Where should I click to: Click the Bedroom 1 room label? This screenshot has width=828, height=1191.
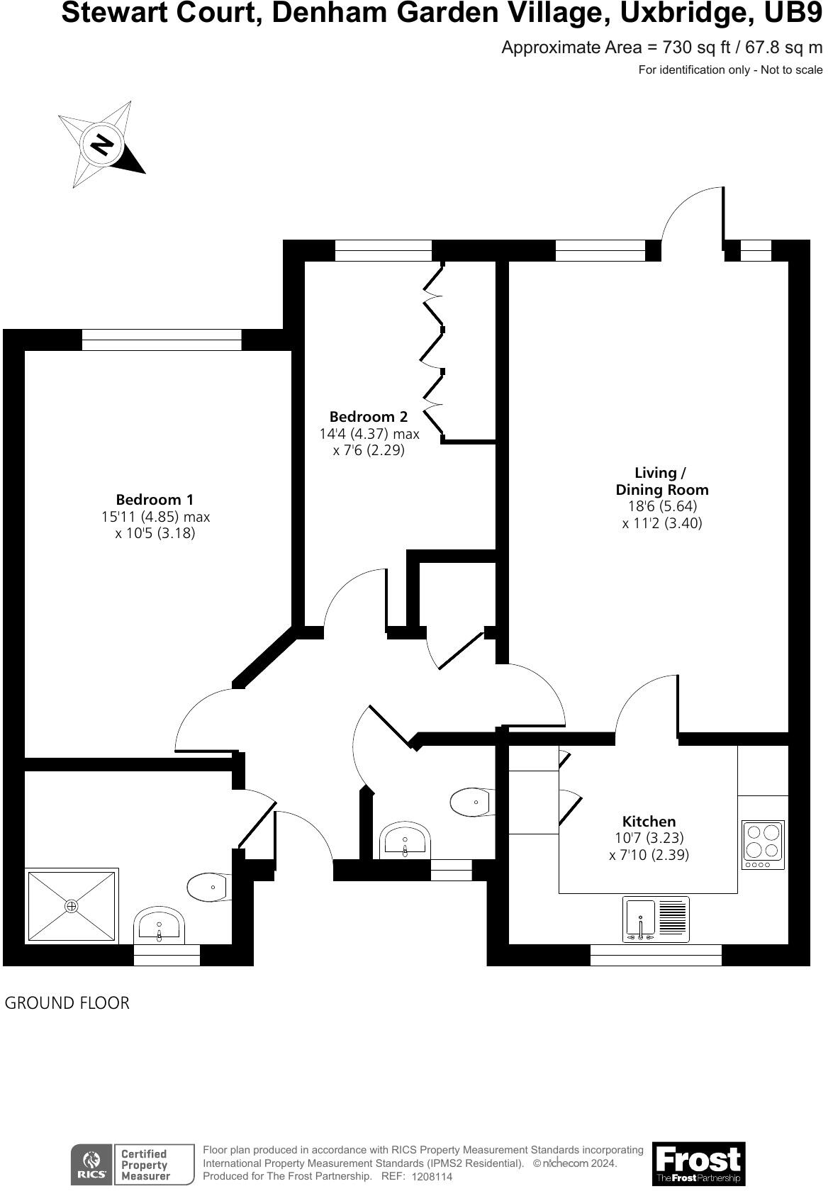(x=155, y=500)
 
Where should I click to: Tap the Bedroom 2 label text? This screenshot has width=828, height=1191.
(x=369, y=417)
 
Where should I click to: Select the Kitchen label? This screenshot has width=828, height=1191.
(x=649, y=822)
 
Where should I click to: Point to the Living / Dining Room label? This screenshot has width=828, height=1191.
(x=661, y=481)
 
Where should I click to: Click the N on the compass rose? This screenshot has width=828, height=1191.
(x=102, y=145)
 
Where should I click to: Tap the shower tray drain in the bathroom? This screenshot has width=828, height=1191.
(x=71, y=906)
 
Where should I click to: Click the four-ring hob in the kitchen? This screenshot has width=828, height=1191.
(x=763, y=844)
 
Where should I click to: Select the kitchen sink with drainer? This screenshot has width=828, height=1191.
(x=656, y=919)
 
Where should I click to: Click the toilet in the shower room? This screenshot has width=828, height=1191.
(x=208, y=887)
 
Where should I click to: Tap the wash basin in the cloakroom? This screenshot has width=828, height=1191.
(x=405, y=841)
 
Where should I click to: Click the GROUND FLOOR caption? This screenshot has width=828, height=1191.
(x=67, y=1003)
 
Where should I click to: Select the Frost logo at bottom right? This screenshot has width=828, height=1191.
(x=698, y=1163)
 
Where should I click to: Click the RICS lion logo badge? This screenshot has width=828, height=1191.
(x=91, y=1164)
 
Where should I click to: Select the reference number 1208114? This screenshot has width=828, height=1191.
(x=432, y=1176)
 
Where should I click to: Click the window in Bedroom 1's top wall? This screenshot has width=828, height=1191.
(x=162, y=340)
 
